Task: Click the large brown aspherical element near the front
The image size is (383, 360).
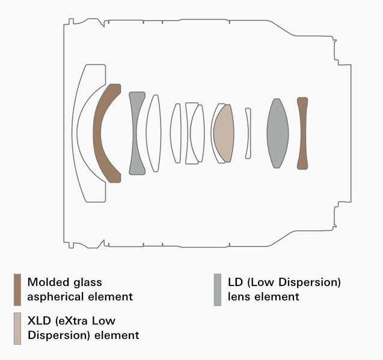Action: [x=97, y=133]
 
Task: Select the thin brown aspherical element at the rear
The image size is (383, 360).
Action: [x=302, y=133]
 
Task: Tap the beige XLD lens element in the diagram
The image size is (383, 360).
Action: [x=224, y=133]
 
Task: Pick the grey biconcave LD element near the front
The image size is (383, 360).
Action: [x=134, y=133]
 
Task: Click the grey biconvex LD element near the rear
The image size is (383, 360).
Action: [x=278, y=133]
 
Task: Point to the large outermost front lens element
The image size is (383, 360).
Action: [x=75, y=133]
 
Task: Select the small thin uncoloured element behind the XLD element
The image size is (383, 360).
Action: [x=248, y=133]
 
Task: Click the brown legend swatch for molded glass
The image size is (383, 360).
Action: [x=17, y=290]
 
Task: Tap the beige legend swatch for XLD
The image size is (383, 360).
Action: [x=17, y=328]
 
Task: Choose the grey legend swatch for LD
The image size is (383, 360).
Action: [x=218, y=290]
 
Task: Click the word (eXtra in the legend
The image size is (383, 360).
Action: [x=71, y=321]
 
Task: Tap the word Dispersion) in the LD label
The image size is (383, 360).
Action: [x=310, y=282]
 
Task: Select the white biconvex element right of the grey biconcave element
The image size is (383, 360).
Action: [x=153, y=133]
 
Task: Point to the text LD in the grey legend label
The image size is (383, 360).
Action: [x=235, y=282]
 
